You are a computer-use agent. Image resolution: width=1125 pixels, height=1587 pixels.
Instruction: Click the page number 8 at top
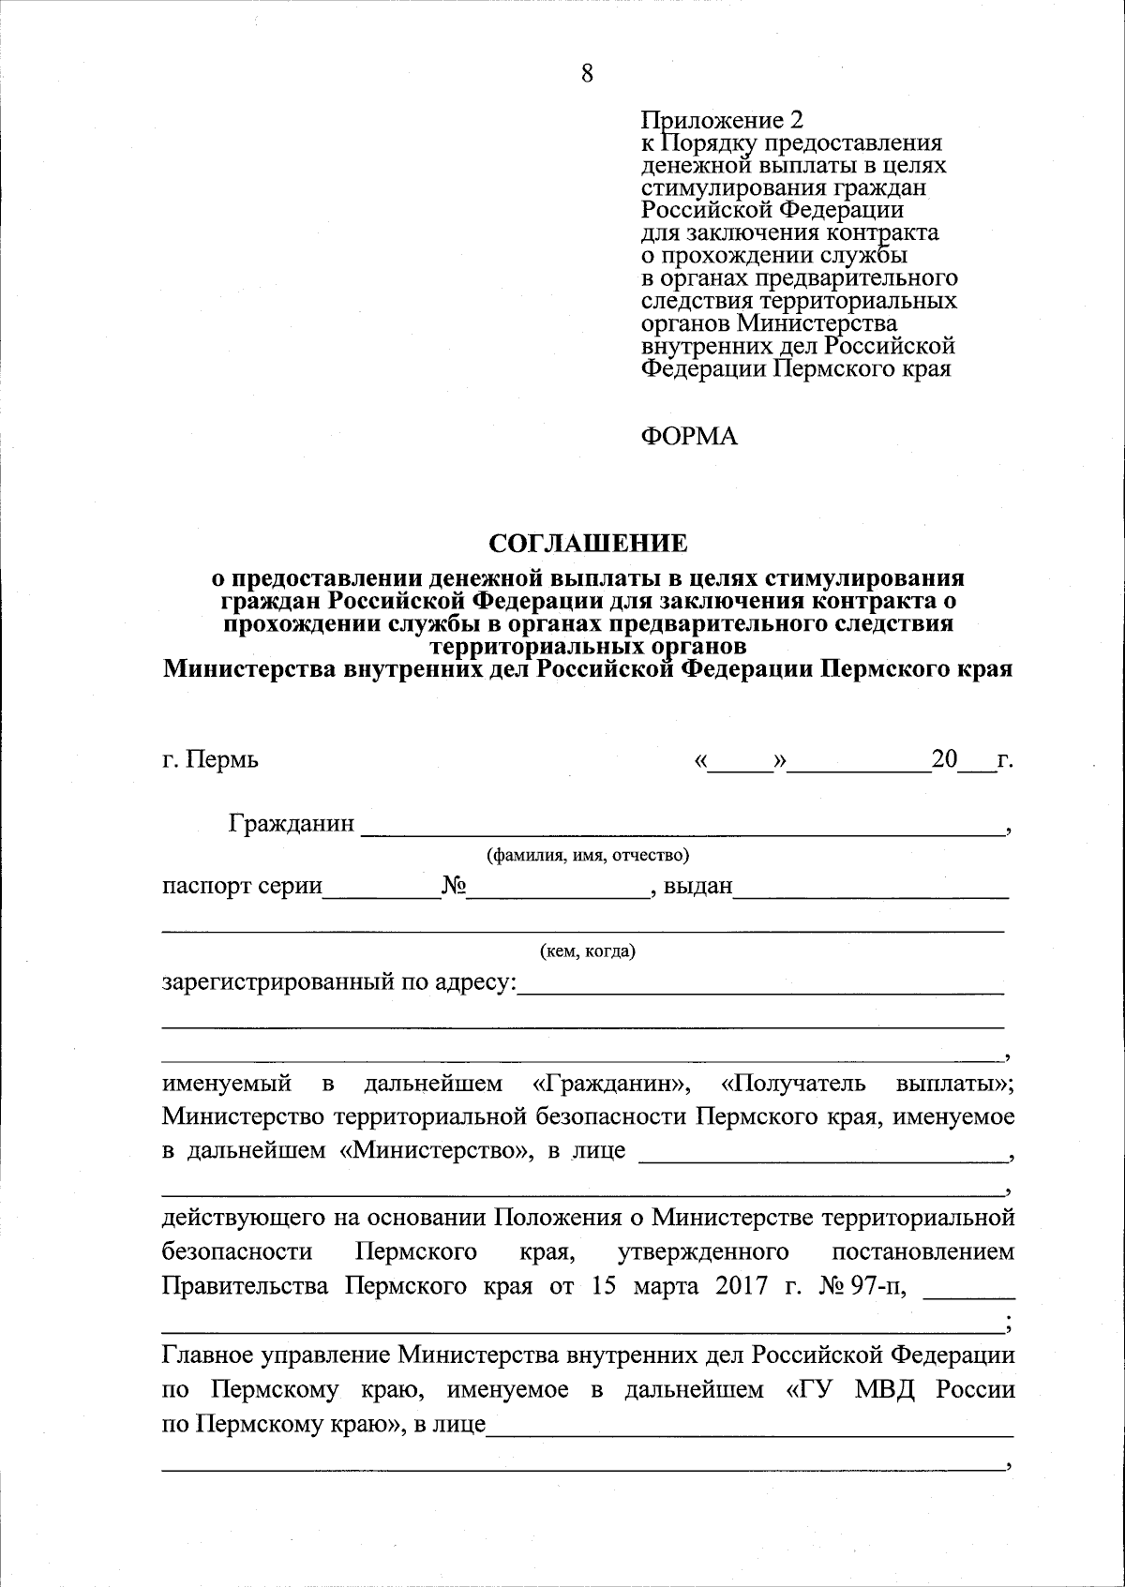click(587, 74)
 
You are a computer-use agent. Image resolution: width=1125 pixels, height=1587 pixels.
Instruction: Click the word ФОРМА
click(689, 436)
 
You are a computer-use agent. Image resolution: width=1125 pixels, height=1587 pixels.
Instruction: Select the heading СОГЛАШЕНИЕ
click(588, 544)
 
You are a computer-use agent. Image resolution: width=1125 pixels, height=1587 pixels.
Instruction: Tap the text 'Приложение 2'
click(721, 120)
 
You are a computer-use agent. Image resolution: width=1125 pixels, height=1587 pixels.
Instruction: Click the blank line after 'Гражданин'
click(682, 827)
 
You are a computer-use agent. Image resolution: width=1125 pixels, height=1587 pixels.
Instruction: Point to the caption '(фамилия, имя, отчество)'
click(588, 855)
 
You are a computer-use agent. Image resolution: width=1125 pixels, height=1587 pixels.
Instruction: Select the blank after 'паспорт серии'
click(381, 889)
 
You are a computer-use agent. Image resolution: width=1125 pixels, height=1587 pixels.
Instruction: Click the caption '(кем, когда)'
click(588, 952)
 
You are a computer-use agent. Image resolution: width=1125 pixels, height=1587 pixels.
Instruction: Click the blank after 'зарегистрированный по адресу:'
click(760, 986)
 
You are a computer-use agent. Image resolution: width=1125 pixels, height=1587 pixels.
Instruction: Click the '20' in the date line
click(944, 758)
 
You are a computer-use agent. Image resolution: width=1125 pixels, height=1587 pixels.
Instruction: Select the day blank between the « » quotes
click(740, 761)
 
